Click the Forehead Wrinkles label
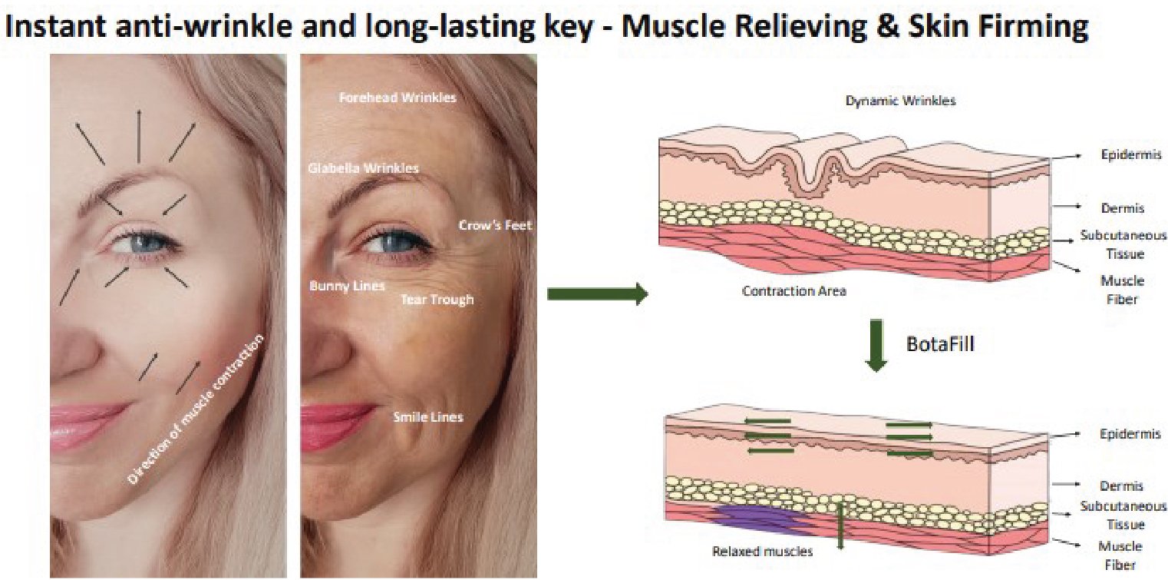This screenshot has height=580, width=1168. (x=398, y=98)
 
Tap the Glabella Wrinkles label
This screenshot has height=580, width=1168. (x=363, y=167)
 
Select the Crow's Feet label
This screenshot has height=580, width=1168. (x=495, y=226)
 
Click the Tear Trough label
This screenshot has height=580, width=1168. (x=437, y=300)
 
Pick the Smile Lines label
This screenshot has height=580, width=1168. (x=427, y=417)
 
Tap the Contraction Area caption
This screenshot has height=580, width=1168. (x=794, y=292)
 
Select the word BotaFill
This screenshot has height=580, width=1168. (x=941, y=343)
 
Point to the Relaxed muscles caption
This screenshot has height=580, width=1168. (x=762, y=551)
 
